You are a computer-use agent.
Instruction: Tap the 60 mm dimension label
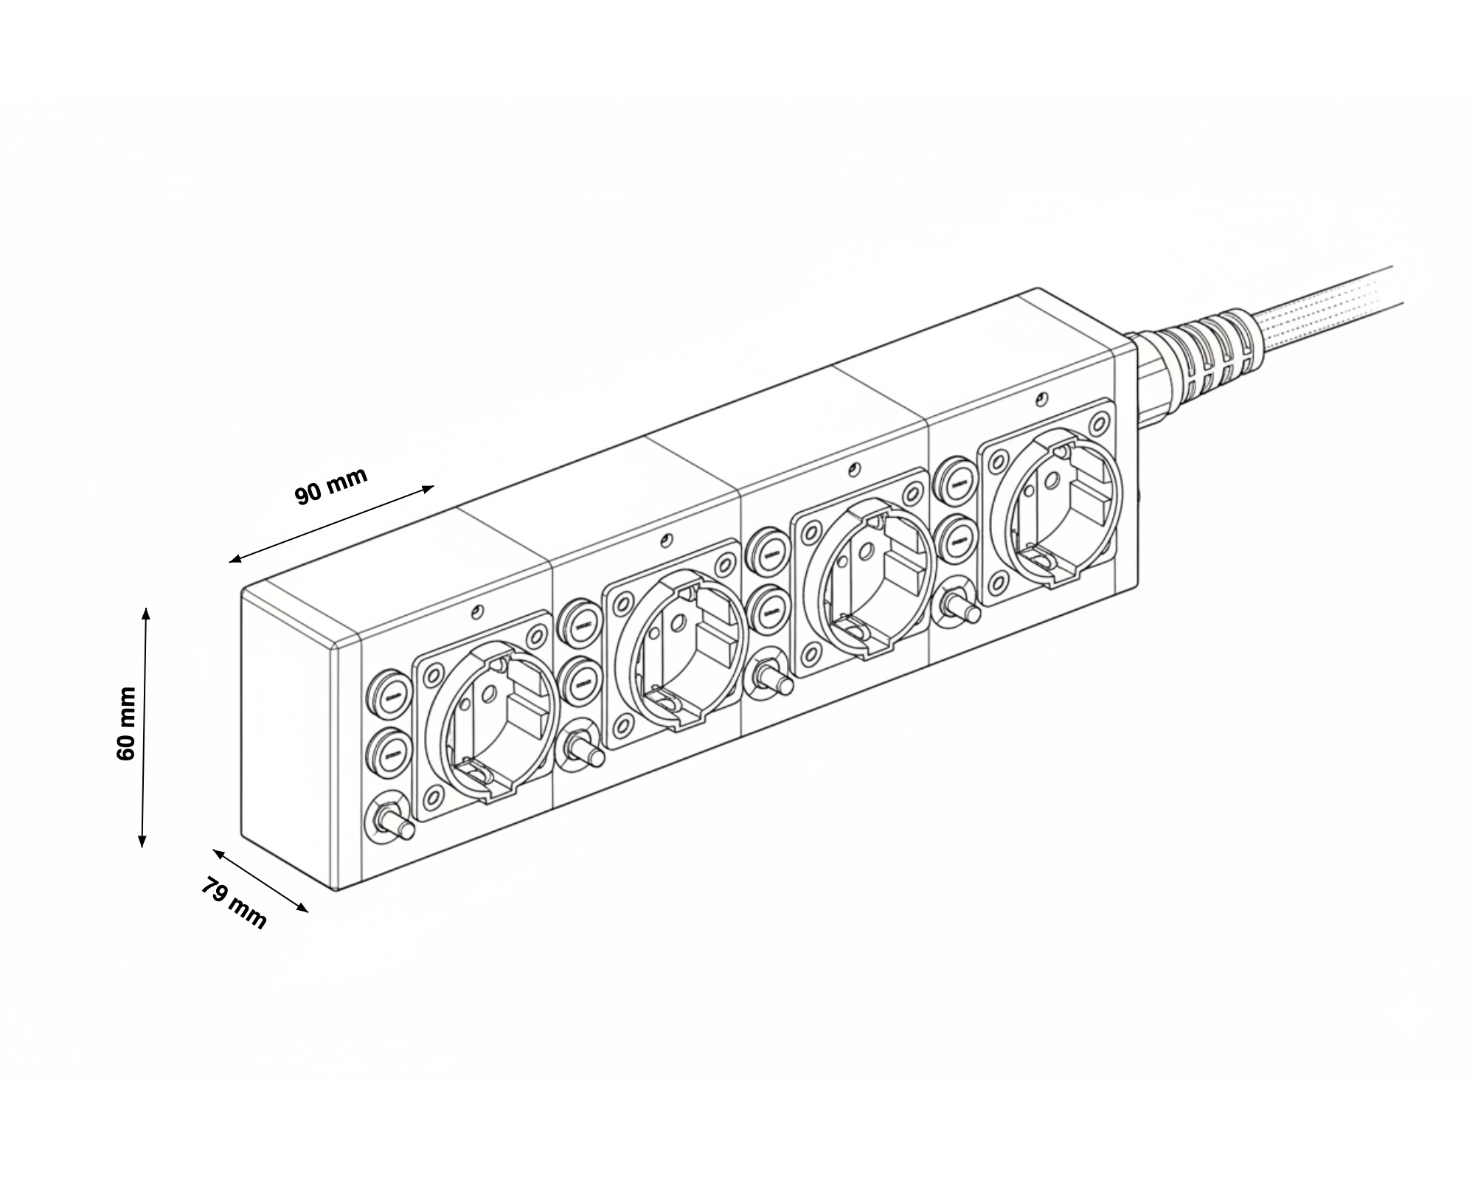(126, 723)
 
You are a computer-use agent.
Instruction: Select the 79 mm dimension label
(233, 903)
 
